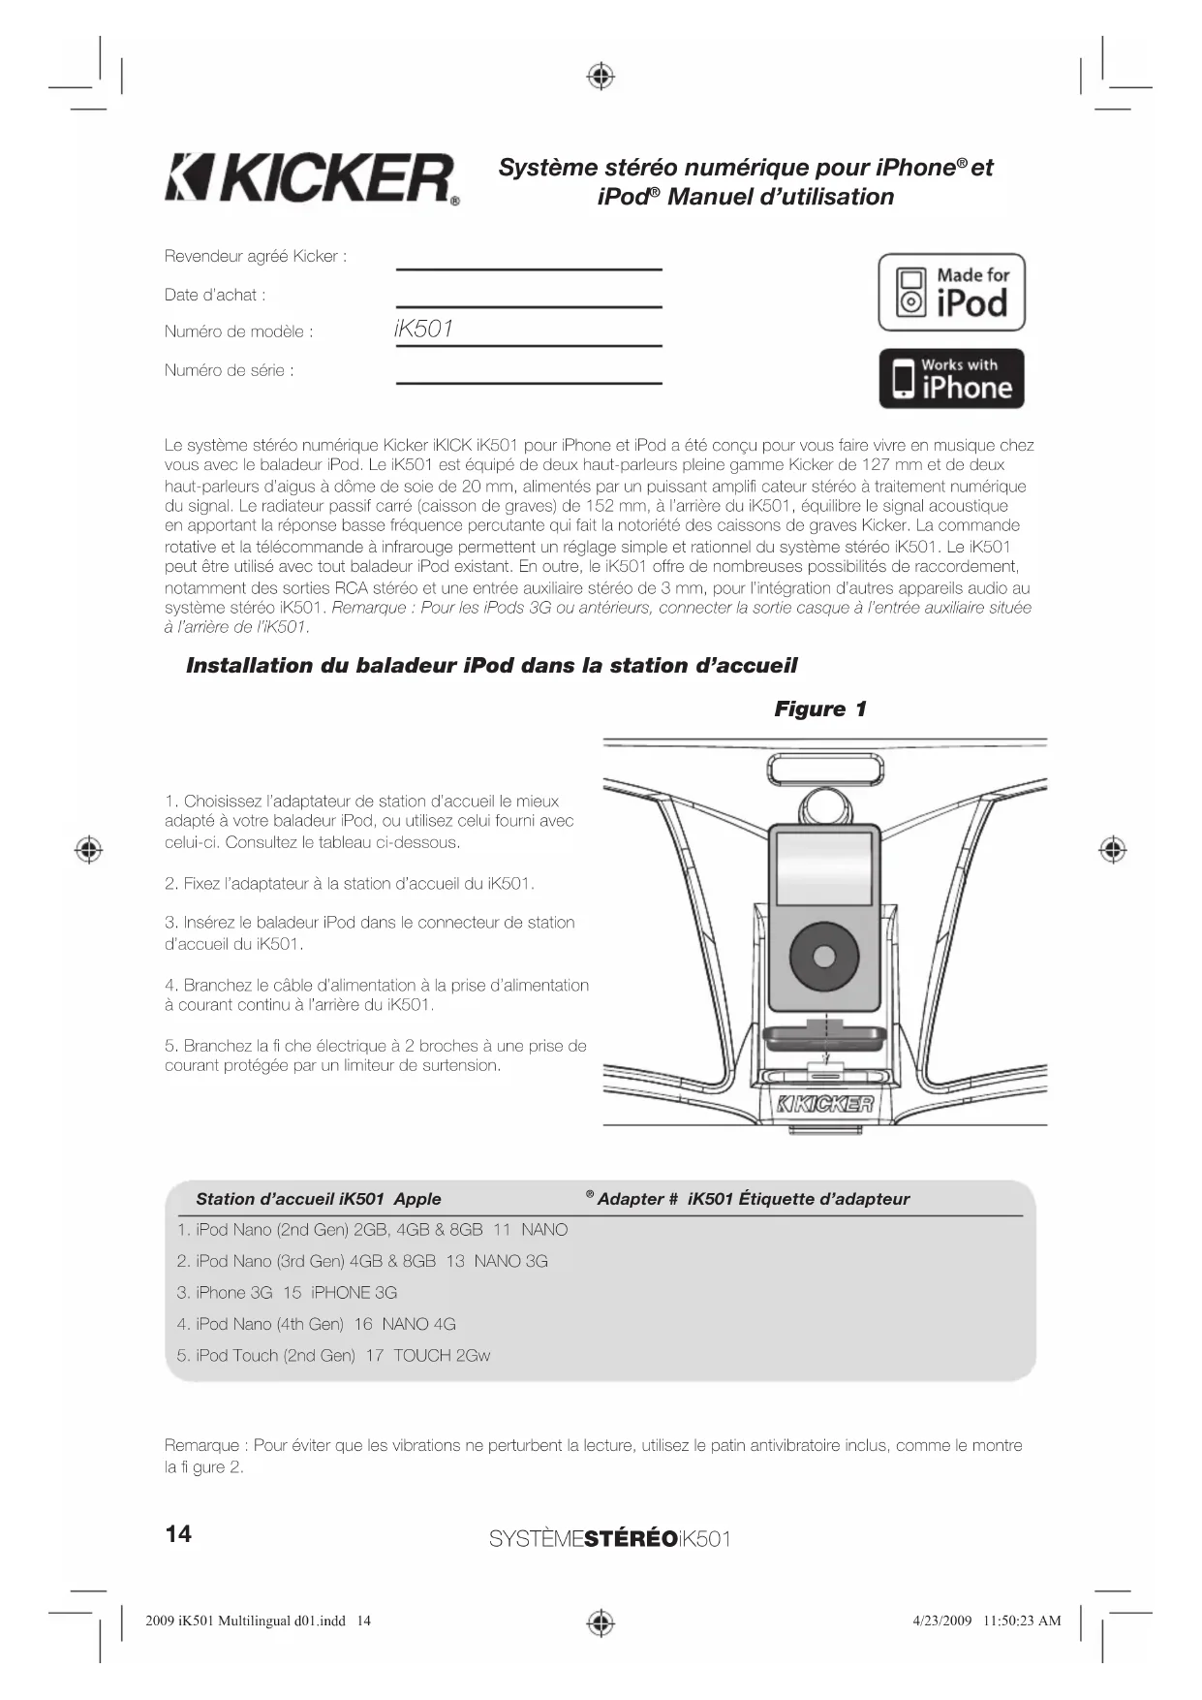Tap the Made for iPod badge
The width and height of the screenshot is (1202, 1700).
click(951, 293)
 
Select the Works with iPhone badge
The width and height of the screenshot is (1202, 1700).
click(951, 379)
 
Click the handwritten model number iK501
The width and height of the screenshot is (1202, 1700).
click(424, 330)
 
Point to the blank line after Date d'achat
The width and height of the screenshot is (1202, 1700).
click(529, 305)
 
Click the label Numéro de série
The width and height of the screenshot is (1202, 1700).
click(230, 370)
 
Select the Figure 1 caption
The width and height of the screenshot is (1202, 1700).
click(819, 709)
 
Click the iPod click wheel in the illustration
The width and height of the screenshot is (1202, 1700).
click(824, 957)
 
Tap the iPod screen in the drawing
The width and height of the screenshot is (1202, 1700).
click(825, 866)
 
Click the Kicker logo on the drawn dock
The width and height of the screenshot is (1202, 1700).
click(825, 1104)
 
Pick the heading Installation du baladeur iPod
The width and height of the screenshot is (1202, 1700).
click(491, 666)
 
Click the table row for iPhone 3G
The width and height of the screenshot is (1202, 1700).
click(287, 1293)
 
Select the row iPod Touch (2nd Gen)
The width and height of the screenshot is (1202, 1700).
click(333, 1356)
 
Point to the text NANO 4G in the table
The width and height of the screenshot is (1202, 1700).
click(418, 1324)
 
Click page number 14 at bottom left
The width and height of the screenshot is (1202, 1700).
click(179, 1533)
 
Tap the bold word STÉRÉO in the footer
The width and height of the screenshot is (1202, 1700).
click(632, 1538)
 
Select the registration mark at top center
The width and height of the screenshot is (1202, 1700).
click(601, 76)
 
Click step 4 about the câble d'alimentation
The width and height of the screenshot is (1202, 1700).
click(376, 995)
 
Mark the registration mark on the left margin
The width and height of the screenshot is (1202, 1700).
click(89, 849)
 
